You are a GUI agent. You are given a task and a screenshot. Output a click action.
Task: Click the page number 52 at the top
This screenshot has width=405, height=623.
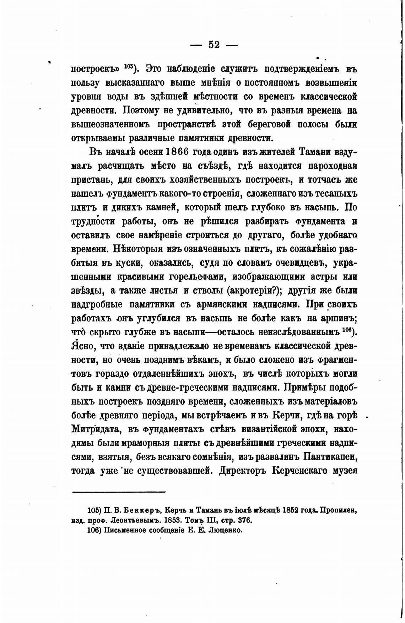pyautogui.click(x=214, y=45)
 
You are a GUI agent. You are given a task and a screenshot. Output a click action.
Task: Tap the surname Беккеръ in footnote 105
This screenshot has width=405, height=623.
pyautogui.click(x=143, y=511)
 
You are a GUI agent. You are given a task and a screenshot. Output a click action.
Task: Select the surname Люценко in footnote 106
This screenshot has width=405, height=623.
pyautogui.click(x=223, y=531)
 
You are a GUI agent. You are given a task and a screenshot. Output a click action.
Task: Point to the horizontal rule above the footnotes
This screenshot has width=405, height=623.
pyautogui.click(x=119, y=492)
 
